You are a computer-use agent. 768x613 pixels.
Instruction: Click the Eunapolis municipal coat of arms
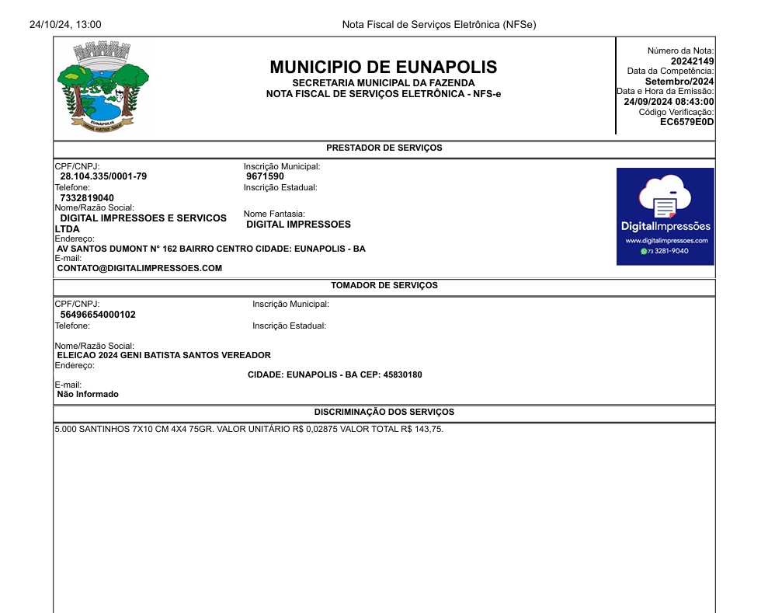click(x=103, y=87)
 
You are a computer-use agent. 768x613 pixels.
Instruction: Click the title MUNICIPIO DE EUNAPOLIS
click(x=384, y=67)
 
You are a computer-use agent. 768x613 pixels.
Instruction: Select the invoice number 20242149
click(x=692, y=61)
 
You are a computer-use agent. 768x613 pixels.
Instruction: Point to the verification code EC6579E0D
click(x=686, y=122)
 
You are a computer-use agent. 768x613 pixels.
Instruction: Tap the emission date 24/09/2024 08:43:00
click(x=669, y=102)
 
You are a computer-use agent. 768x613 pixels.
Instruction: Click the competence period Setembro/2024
click(x=679, y=82)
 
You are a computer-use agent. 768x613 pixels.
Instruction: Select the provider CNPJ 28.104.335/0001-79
click(x=103, y=176)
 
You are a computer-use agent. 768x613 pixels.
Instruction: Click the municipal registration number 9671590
click(x=265, y=176)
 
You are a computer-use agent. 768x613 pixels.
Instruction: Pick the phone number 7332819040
click(x=87, y=198)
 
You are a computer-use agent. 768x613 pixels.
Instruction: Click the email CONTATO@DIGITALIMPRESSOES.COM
click(x=140, y=268)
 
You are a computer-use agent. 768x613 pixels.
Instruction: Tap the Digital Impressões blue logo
click(x=665, y=216)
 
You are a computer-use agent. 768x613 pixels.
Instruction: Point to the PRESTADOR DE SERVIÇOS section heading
click(x=384, y=148)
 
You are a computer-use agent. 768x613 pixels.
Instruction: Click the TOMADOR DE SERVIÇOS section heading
click(x=384, y=285)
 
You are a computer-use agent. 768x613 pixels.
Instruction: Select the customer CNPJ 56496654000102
click(x=98, y=315)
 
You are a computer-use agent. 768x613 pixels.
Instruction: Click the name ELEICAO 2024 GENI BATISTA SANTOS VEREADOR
click(x=164, y=355)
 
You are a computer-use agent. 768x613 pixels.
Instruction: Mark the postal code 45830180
click(x=402, y=374)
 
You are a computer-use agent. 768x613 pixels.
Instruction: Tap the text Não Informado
click(x=88, y=394)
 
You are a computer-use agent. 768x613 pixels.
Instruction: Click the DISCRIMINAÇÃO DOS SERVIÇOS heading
click(x=384, y=412)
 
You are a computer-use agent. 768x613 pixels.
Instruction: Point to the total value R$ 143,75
click(x=422, y=429)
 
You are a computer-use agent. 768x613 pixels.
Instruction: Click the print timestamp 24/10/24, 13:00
click(x=65, y=25)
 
